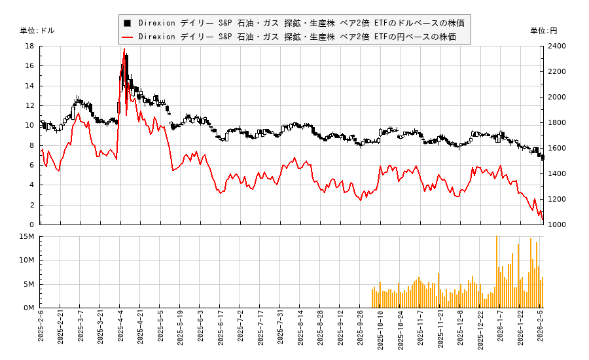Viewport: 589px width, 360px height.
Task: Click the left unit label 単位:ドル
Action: (37, 31)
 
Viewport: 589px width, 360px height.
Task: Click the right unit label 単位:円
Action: (544, 31)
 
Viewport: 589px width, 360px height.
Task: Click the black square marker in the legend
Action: (128, 23)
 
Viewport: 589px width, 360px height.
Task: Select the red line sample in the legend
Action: (128, 37)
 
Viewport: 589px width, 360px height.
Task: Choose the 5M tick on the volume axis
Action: (29, 284)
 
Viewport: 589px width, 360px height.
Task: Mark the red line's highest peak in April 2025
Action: (124, 49)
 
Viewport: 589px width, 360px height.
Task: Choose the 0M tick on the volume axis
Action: (29, 308)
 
